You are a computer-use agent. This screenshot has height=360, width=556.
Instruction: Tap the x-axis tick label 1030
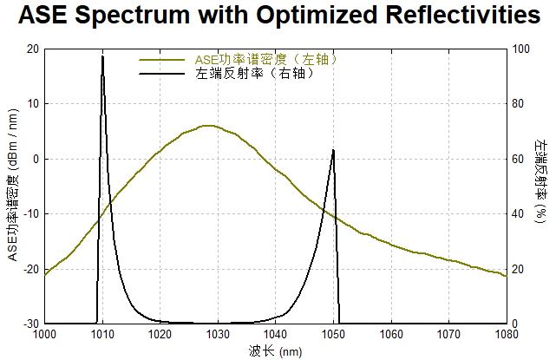[218, 334]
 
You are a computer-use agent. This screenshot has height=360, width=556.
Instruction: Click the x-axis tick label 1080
[506, 334]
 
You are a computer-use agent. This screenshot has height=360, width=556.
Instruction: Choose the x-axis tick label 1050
[333, 334]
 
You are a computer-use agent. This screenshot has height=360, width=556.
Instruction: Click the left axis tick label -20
[32, 269]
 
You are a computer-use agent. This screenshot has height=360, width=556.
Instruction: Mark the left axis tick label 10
[34, 104]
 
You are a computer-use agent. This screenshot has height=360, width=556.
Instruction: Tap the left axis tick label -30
[32, 324]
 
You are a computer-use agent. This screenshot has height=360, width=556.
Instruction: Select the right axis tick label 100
[521, 49]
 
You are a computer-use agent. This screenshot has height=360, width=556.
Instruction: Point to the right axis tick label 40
[519, 214]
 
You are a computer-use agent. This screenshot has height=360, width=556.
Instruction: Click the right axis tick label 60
[519, 160]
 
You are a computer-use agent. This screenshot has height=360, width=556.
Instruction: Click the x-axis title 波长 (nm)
[274, 350]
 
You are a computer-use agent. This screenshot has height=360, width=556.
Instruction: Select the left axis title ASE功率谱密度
[12, 186]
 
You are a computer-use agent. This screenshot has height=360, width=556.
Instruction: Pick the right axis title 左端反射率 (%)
[542, 186]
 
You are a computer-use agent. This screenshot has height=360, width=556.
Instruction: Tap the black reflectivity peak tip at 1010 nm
[102, 56]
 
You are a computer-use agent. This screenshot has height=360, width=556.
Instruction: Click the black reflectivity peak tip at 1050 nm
[333, 150]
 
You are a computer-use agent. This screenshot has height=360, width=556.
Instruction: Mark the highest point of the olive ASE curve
[206, 126]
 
